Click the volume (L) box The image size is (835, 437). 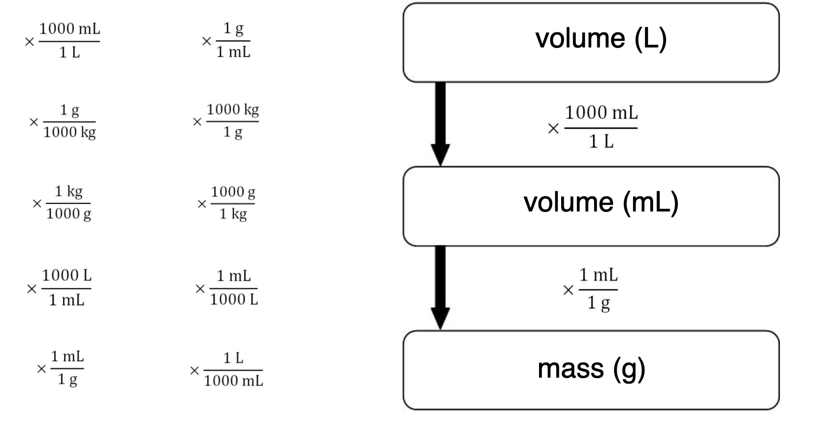pos(591,43)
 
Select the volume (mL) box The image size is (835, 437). pos(591,206)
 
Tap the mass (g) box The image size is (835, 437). pos(591,370)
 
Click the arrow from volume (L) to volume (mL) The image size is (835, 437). pos(441,124)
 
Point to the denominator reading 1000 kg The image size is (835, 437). pos(70,133)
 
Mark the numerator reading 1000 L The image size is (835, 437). pos(67,277)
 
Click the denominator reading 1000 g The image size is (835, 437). pos(69,215)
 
